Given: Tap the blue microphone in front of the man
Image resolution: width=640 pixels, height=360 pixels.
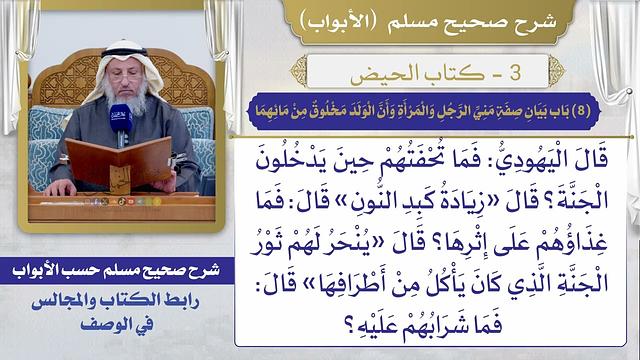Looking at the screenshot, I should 121,124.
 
